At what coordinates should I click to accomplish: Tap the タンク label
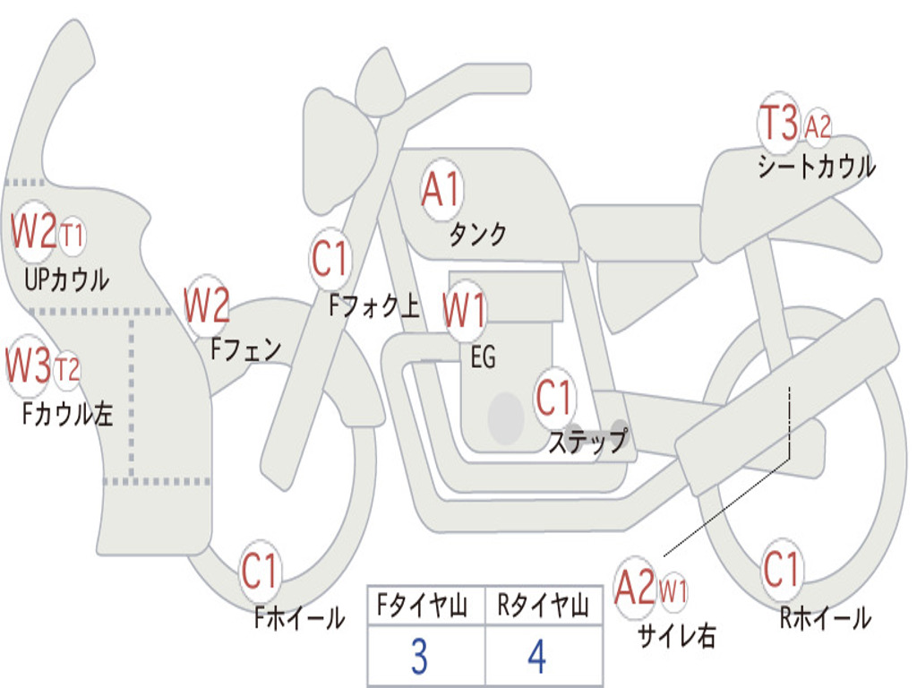click(477, 235)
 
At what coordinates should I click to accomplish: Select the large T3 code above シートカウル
click(778, 123)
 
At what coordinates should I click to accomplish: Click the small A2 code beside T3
click(818, 127)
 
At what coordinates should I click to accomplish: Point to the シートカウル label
click(816, 167)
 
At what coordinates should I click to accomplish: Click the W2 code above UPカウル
click(33, 232)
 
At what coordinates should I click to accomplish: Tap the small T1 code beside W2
click(73, 236)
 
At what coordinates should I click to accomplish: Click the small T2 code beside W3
click(67, 369)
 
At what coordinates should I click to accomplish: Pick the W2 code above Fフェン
click(207, 305)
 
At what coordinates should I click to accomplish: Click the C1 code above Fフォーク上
click(331, 260)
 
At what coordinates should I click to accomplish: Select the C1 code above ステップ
click(554, 397)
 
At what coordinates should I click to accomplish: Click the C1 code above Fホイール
click(261, 572)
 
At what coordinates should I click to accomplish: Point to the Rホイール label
click(825, 617)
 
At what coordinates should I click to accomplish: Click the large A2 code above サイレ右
click(635, 587)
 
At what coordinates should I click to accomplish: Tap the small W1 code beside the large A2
click(673, 590)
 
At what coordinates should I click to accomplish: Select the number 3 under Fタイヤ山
click(418, 657)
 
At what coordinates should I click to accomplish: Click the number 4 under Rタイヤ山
click(536, 657)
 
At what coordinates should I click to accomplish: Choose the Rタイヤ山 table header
click(543, 607)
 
